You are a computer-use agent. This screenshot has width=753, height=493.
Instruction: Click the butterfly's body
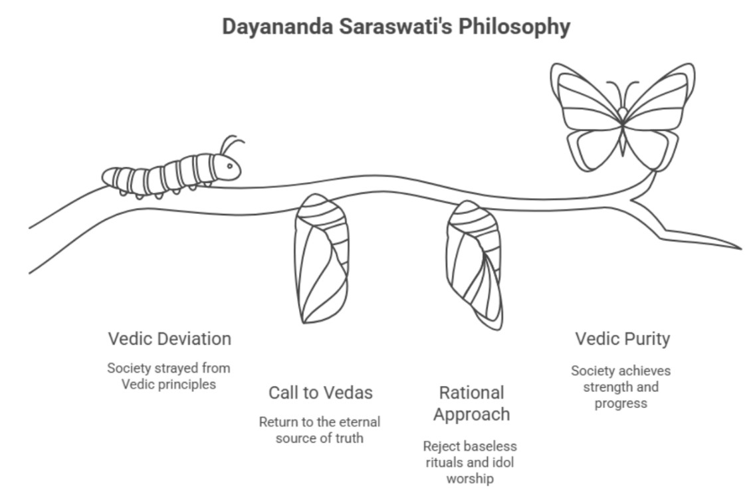click(x=622, y=130)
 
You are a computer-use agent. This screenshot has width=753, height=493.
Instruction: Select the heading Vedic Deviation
click(x=169, y=339)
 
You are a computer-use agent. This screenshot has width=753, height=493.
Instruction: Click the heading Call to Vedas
click(x=320, y=393)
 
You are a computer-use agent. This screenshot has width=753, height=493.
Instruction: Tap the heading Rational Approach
click(x=471, y=403)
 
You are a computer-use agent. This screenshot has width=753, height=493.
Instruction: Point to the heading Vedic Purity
click(x=622, y=339)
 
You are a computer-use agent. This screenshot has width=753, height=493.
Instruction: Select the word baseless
click(x=488, y=446)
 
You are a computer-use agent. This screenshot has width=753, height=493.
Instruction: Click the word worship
click(x=471, y=478)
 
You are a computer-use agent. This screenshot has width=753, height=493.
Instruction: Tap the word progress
click(x=621, y=403)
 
